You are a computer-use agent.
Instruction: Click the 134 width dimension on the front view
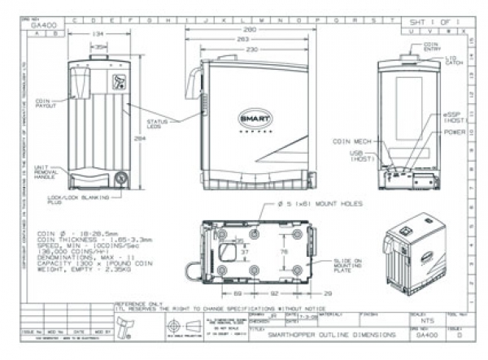click(x=98, y=34)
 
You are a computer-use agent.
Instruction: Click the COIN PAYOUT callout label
click(x=46, y=104)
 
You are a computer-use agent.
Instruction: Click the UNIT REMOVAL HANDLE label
click(x=46, y=171)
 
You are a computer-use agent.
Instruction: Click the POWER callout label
click(x=455, y=131)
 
